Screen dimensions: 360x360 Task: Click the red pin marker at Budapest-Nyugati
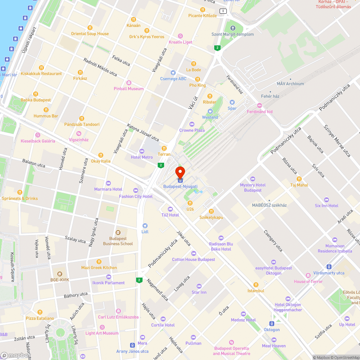point(180,172)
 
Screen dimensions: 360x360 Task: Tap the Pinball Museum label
point(129,89)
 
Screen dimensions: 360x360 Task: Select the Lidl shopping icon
point(145,225)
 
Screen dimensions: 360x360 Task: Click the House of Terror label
point(308,282)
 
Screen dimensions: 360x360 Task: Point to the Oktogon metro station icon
point(272,323)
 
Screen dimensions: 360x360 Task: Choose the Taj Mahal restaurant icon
point(299,179)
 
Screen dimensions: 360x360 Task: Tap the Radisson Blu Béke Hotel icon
point(221,238)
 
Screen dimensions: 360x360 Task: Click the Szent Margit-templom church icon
point(232,28)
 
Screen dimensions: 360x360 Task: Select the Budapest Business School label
point(118,241)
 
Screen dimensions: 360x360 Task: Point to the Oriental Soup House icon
point(90,28)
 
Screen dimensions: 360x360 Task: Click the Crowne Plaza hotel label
point(192,130)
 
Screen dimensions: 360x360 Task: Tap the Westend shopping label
point(210,117)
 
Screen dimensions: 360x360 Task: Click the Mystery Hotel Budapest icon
point(252,179)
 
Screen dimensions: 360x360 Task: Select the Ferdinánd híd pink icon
point(260,105)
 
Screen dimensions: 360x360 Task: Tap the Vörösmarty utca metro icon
point(329,267)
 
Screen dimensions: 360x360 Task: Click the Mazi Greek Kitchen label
point(99,267)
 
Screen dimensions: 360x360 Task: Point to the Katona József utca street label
point(143,132)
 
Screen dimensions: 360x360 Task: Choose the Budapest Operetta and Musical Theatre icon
point(231,342)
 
